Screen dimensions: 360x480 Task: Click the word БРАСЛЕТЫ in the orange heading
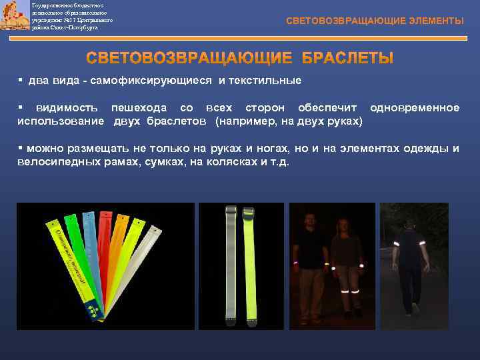[x=347, y=58]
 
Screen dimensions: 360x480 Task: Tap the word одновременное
[x=414, y=108]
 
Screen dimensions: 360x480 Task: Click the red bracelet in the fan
[x=104, y=247]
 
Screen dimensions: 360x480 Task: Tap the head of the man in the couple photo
[x=309, y=221]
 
